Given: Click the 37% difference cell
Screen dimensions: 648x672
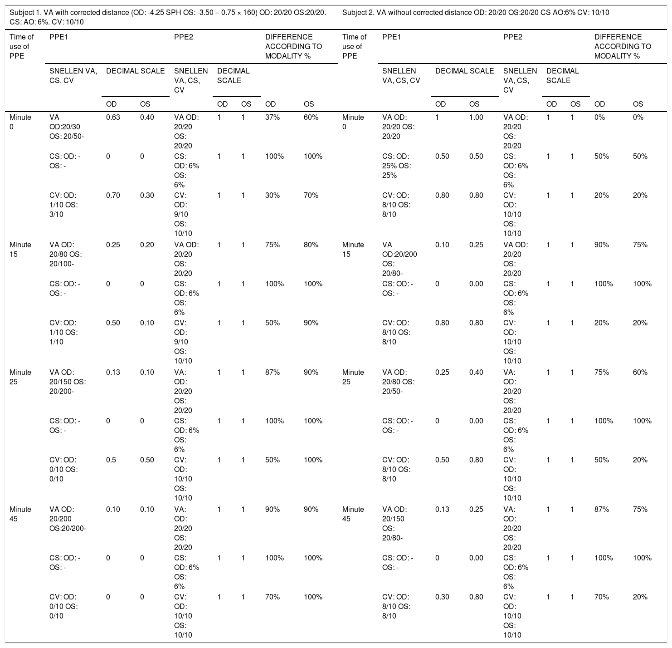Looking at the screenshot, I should (272, 118).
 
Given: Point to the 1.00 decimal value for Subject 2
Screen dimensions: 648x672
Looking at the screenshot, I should (476, 118).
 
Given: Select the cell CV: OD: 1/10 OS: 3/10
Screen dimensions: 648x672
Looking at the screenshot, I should (63, 205).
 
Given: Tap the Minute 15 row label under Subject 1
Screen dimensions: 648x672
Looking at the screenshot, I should (20, 250).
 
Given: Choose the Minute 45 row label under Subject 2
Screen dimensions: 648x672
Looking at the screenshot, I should (353, 514).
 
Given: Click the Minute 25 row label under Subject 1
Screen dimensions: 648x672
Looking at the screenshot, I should (20, 377).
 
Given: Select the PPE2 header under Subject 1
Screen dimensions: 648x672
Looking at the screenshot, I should (184, 37).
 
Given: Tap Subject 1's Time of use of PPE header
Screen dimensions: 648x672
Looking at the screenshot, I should (21, 46).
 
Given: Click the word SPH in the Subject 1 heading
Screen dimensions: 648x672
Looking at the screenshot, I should (165, 13).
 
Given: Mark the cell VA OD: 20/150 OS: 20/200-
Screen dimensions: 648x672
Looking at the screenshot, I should (68, 382).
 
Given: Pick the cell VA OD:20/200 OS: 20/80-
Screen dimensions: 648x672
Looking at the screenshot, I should (399, 259).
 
